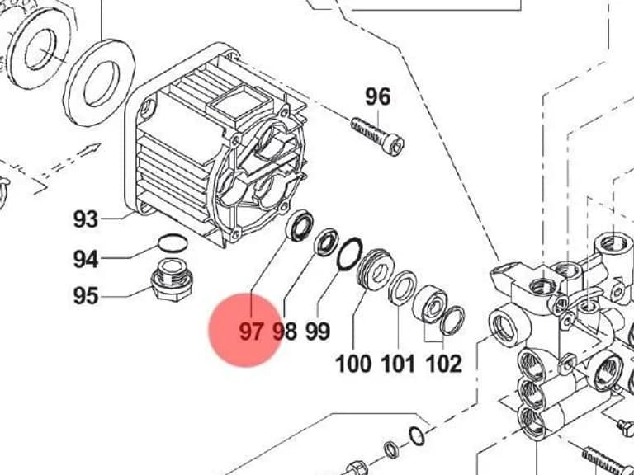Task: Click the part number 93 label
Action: pyautogui.click(x=86, y=219)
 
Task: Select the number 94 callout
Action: pyautogui.click(x=86, y=259)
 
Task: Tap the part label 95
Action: pyautogui.click(x=86, y=296)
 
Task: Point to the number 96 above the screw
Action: pyautogui.click(x=378, y=97)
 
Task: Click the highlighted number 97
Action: pyautogui.click(x=251, y=332)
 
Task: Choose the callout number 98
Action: pyautogui.click(x=285, y=332)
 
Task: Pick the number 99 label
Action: pyautogui.click(x=318, y=332)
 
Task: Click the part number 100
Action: pyautogui.click(x=353, y=364)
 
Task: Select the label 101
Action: pyautogui.click(x=398, y=364)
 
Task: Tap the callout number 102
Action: pyautogui.click(x=444, y=364)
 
